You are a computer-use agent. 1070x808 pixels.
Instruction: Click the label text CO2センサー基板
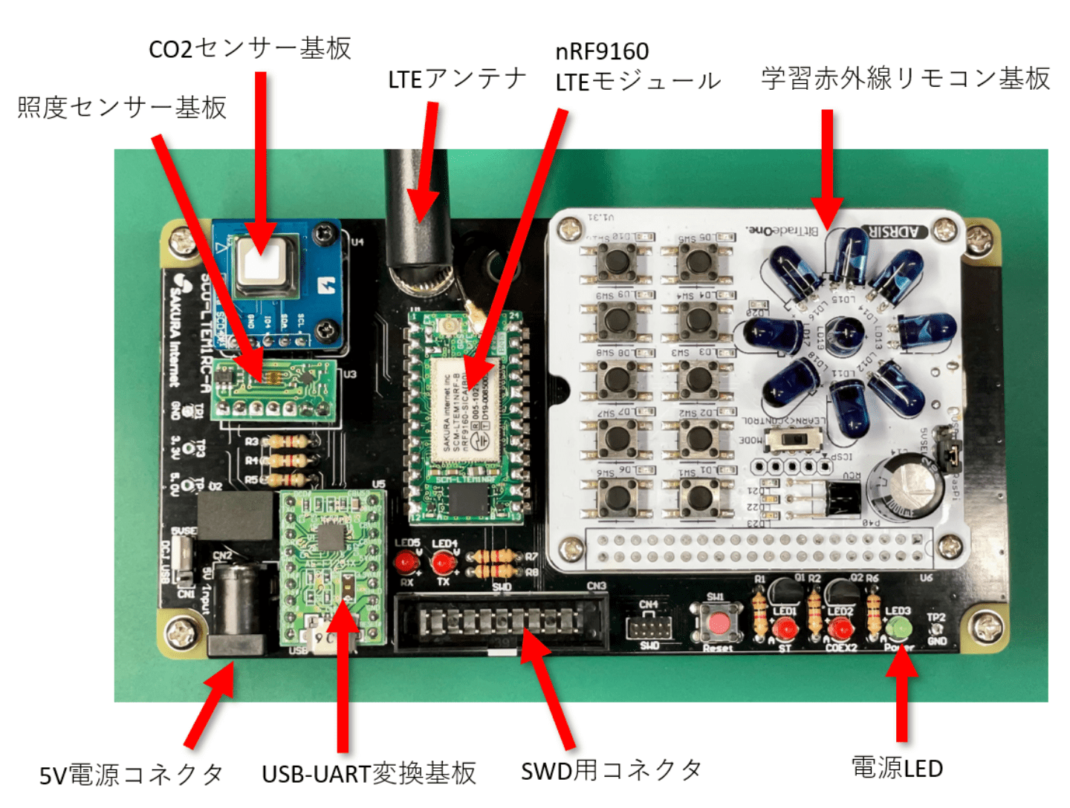click(x=250, y=49)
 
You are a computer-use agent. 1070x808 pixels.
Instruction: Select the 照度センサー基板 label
click(x=122, y=108)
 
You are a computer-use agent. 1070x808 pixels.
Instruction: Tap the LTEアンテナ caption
click(x=457, y=79)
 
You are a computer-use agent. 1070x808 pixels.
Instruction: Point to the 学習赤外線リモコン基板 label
click(x=905, y=79)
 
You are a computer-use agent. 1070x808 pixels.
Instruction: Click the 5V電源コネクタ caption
click(x=132, y=775)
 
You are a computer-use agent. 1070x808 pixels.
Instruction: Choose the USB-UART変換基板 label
click(x=369, y=773)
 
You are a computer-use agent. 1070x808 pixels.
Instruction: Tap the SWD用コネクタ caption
click(x=611, y=771)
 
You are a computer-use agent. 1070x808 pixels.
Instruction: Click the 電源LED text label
click(x=897, y=768)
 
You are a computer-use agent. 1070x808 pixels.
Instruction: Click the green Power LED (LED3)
click(x=898, y=628)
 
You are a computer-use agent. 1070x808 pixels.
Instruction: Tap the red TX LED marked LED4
click(x=444, y=563)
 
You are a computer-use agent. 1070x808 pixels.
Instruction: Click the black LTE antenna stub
click(x=417, y=215)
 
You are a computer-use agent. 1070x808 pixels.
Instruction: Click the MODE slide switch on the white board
click(x=793, y=440)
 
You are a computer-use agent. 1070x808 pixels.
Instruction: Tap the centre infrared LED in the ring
click(x=845, y=331)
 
